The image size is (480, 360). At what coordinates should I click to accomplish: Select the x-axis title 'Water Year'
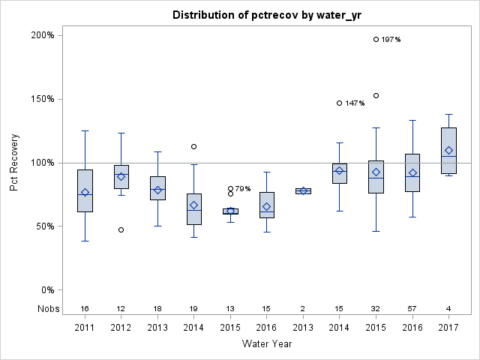tap(267, 344)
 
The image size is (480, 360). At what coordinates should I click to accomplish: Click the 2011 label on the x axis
tap(85, 328)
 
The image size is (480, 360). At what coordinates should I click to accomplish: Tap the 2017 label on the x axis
tap(448, 328)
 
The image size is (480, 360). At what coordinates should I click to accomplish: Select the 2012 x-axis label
tap(121, 328)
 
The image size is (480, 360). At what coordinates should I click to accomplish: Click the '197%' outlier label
tap(391, 40)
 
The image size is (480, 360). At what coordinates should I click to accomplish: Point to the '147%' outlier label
tap(355, 103)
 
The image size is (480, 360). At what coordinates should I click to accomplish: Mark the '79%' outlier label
tap(243, 190)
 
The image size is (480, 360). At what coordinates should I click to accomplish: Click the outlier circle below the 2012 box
tap(121, 229)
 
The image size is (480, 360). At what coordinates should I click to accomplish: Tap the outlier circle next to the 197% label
tap(376, 39)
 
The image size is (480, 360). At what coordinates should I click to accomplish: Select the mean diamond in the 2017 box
tap(448, 150)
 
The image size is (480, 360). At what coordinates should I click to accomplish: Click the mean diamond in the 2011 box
tap(85, 192)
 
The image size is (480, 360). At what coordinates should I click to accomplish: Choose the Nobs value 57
tap(412, 309)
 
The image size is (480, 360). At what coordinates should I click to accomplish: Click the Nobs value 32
tap(376, 309)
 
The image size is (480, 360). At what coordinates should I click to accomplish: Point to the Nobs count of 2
tap(303, 309)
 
